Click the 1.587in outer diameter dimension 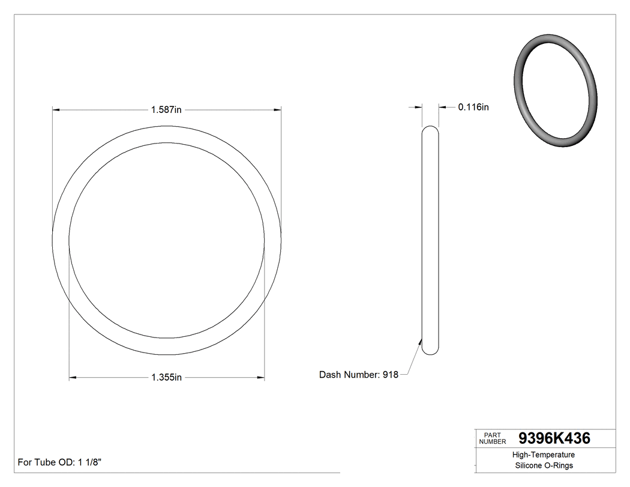[x=166, y=110]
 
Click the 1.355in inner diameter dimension [x=166, y=378]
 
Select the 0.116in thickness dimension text [x=473, y=107]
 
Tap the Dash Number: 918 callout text [x=358, y=375]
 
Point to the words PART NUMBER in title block [x=493, y=438]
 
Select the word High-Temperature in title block [x=544, y=455]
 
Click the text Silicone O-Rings [x=544, y=465]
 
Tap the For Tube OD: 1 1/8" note [x=59, y=462]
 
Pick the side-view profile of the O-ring [x=430, y=240]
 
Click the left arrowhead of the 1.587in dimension [x=56, y=110]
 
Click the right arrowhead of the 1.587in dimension [x=278, y=110]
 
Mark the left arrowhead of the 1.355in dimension [x=73, y=378]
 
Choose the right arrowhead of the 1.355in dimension [x=261, y=378]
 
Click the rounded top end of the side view [x=430, y=130]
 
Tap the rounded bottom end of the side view [x=430, y=351]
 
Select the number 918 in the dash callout [x=390, y=375]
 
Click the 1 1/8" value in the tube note [x=90, y=462]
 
